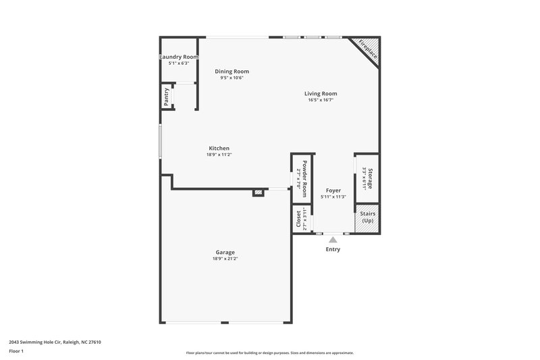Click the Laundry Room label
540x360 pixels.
point(179,57)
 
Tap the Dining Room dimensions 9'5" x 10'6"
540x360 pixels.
point(232,78)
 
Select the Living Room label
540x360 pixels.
point(320,94)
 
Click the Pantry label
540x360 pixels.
point(166,98)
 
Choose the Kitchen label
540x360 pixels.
point(219,148)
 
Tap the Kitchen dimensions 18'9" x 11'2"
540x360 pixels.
point(219,155)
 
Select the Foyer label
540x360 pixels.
point(333,190)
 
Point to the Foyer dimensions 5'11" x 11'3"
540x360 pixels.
point(333,197)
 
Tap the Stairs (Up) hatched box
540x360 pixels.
point(367,218)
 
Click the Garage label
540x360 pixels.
point(225,252)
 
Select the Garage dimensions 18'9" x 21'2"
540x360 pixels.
point(225,259)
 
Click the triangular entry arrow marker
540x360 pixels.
point(332,238)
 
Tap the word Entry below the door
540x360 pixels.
point(333,249)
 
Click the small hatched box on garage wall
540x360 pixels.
point(258,193)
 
